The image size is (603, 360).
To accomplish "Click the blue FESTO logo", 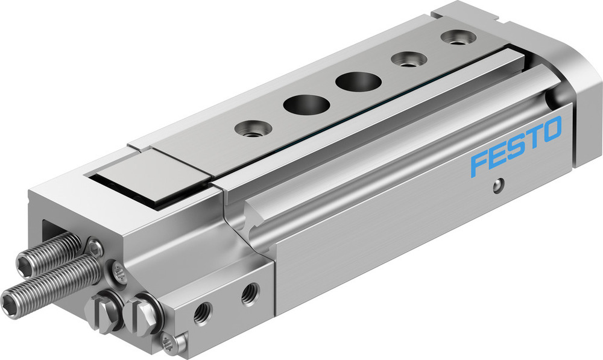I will [x=516, y=147].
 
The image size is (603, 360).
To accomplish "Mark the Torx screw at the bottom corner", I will [x=172, y=343].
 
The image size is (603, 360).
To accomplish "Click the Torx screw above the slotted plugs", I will [x=118, y=272].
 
